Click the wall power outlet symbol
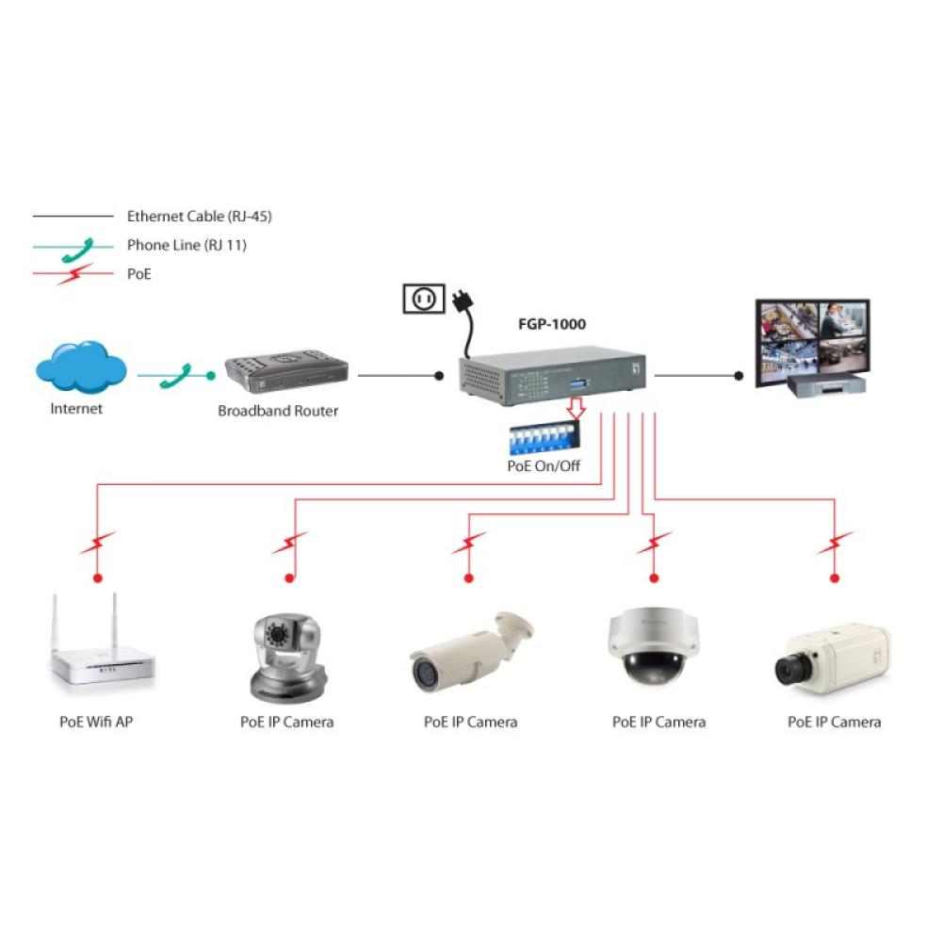point(423,300)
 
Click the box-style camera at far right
point(833,658)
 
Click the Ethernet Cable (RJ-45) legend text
point(199,217)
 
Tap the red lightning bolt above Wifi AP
point(97,544)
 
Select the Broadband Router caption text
point(278,411)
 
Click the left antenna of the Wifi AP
point(58,626)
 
